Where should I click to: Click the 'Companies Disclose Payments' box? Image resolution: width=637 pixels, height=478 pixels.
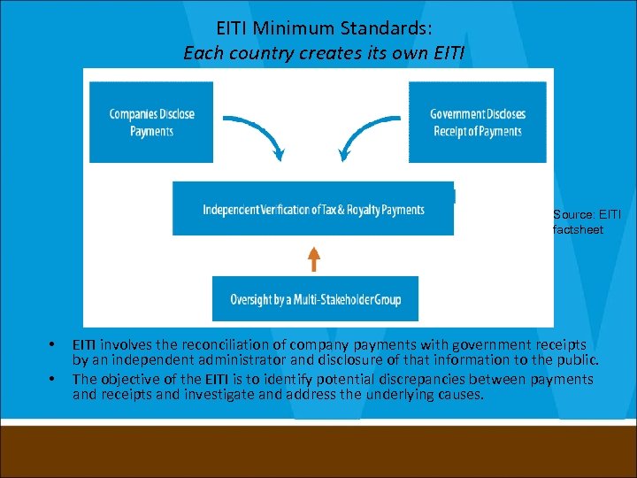[151, 122]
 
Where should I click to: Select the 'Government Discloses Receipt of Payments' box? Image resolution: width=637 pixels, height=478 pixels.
[477, 122]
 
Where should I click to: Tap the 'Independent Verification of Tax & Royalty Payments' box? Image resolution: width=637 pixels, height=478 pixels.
[313, 210]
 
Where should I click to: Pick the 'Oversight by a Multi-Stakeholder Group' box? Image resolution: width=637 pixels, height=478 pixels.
[315, 299]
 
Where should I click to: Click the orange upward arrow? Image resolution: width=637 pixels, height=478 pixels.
[313, 258]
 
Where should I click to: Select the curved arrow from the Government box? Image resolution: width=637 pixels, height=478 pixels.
[364, 138]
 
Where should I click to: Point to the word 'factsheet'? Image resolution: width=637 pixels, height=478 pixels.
[578, 229]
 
